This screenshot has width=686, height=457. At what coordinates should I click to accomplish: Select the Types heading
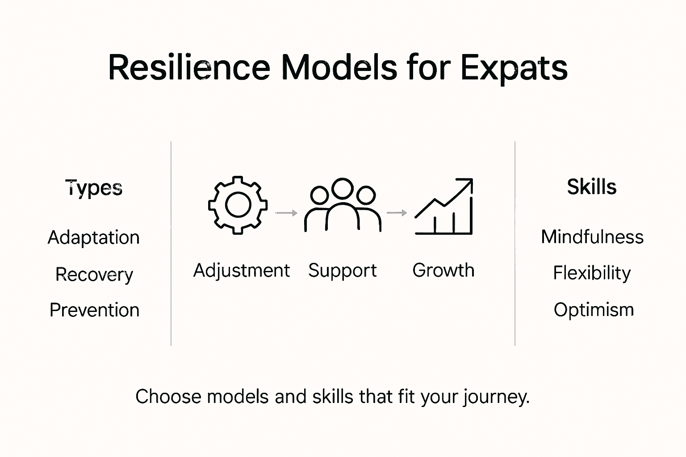point(94,187)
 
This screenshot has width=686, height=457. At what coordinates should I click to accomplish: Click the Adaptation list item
point(94,237)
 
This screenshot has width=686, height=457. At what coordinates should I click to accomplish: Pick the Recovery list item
point(94,274)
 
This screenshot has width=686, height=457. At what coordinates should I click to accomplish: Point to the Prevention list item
point(94,310)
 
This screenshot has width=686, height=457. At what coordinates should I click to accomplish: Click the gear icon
point(238,205)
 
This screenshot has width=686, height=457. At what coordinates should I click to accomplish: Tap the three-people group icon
point(343,205)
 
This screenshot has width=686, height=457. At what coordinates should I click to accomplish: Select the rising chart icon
point(443,206)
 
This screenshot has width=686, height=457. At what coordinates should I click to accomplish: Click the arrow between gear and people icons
point(286,213)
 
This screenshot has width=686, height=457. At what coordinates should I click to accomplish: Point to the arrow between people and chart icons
point(397,213)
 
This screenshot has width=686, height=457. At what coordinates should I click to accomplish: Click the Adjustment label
point(242,270)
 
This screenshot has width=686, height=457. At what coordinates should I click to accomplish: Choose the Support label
point(343,270)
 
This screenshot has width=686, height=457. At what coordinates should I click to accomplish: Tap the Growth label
point(443,270)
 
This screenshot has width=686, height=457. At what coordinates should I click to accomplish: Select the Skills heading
point(592,187)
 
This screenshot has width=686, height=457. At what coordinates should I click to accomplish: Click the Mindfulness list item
point(592,237)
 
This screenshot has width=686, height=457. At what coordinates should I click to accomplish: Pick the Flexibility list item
point(592,273)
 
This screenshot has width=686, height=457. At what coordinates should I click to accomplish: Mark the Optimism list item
point(594,309)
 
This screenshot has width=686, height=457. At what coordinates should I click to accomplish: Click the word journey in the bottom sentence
point(496,397)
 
